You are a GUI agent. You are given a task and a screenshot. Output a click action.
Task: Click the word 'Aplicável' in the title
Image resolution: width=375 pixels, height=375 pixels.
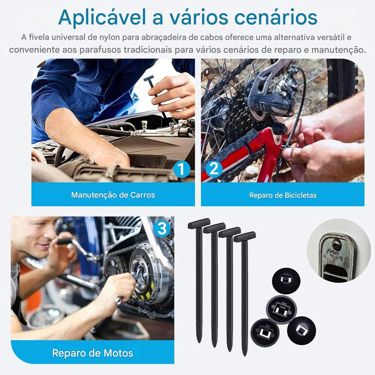102,18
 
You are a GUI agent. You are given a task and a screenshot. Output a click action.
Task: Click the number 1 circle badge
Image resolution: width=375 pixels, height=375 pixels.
182,169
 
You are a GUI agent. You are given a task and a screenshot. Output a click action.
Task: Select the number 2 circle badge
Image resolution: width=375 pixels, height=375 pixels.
214,169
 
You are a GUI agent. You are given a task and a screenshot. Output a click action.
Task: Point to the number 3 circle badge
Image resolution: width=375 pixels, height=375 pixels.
162,229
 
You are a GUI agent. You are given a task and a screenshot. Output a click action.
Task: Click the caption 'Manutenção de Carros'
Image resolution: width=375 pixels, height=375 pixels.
113,195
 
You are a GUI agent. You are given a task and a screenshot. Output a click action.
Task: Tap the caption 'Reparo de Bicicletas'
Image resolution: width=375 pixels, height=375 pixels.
283,195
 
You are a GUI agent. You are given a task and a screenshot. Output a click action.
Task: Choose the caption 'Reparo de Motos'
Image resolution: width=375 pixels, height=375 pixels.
93,353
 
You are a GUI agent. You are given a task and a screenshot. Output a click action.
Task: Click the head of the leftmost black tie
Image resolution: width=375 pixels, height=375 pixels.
199,223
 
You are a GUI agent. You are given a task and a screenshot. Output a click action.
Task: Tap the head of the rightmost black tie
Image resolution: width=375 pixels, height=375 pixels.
244,237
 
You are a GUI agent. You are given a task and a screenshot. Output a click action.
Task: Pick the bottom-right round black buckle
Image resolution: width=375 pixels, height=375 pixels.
301,330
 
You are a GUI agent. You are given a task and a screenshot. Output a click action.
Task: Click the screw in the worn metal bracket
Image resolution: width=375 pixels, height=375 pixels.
337,244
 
